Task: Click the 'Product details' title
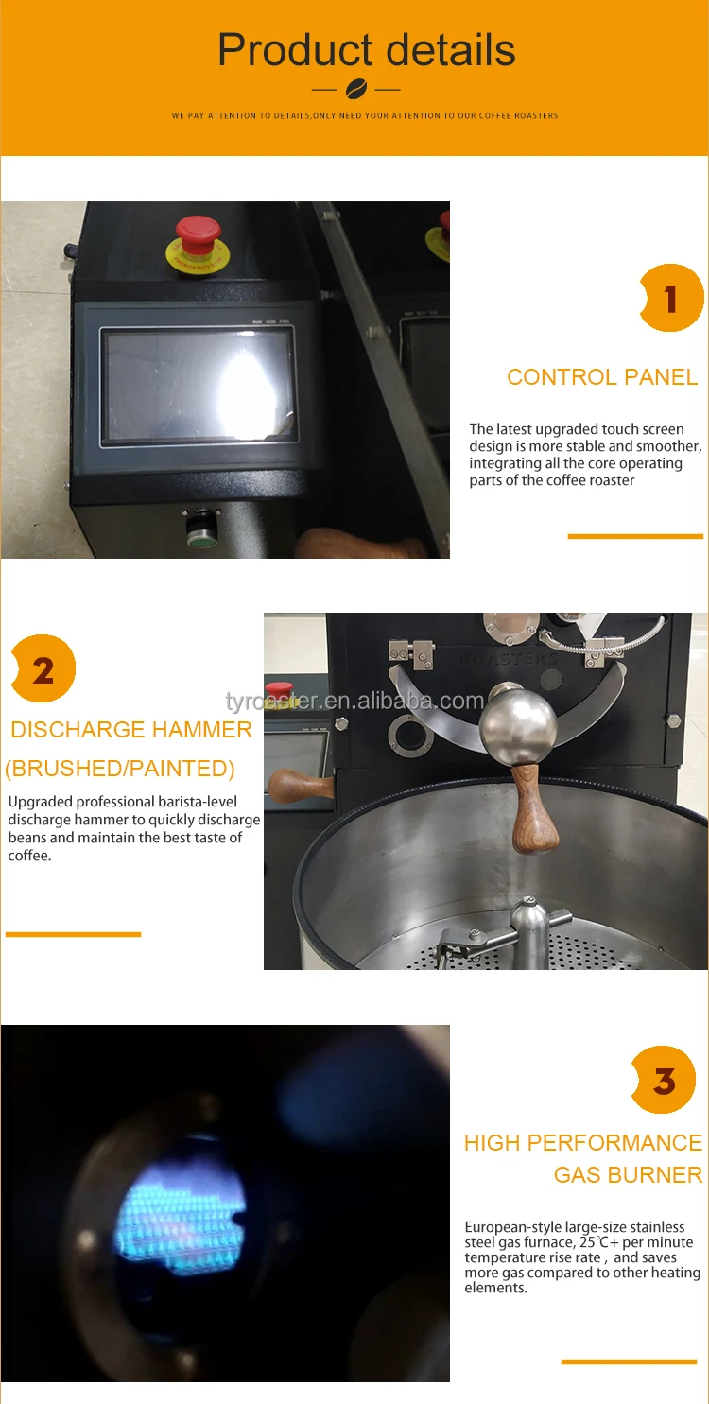367,49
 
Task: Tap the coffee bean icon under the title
355,90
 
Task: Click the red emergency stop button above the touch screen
199,233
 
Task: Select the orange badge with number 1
671,299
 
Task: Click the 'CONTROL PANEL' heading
602,377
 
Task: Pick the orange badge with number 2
43,669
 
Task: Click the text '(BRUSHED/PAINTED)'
120,769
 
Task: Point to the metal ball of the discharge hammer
518,726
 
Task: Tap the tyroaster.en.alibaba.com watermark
354,701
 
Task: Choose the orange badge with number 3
665,1080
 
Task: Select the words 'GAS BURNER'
628,1175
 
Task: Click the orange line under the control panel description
635,536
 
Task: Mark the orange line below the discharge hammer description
73,934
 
